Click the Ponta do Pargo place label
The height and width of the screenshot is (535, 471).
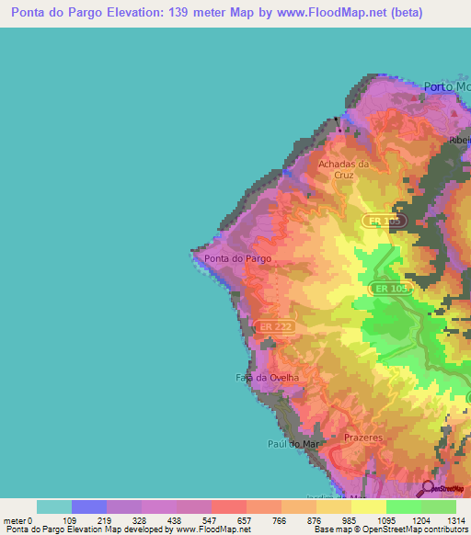coord(237,259)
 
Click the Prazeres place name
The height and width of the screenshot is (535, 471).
coord(362,438)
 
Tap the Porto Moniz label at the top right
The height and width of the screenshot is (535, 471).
coord(446,87)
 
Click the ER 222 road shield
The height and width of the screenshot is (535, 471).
coord(276,327)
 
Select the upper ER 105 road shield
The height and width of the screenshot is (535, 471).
coord(383,222)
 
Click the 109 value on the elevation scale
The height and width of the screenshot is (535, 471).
coord(70,520)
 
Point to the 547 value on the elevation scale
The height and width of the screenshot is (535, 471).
coord(211,520)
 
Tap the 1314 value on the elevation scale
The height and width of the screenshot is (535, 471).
coord(455,520)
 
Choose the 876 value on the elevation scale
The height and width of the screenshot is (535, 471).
coord(316,520)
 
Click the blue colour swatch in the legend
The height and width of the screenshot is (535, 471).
coord(88,507)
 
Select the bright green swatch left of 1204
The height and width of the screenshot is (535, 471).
coord(403,507)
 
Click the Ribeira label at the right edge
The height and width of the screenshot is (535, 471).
coord(459,141)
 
